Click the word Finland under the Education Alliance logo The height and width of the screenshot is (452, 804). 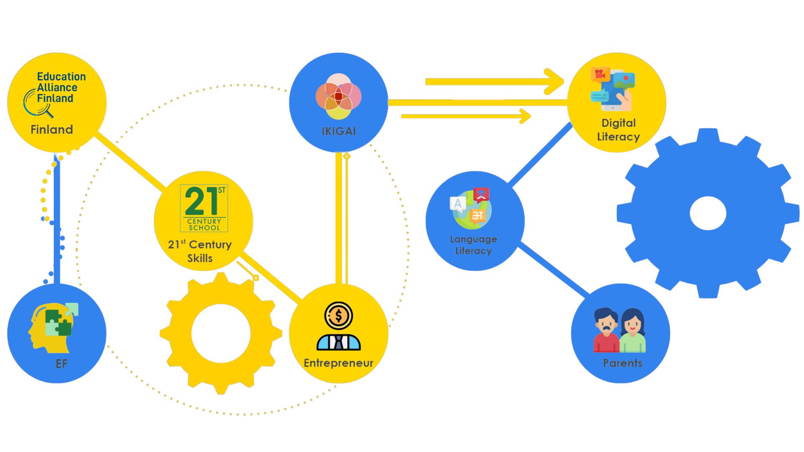point(52,130)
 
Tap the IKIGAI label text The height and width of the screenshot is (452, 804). point(339,131)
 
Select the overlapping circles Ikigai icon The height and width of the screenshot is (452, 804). point(338,97)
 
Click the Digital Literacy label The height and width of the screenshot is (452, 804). point(618,130)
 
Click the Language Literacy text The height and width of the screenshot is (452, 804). point(474,245)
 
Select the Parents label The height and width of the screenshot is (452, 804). point(623,363)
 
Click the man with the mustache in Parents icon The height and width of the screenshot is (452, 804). point(606,331)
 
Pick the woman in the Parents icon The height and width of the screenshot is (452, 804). point(632,331)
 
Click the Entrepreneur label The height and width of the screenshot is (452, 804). point(338,363)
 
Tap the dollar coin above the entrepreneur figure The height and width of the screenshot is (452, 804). point(338,316)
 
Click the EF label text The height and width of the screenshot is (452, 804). point(62,364)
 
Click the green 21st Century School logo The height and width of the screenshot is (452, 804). point(204,208)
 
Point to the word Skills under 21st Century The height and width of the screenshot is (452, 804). point(200,258)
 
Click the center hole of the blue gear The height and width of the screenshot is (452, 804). point(708,213)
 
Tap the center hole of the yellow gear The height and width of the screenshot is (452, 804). point(221,333)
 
